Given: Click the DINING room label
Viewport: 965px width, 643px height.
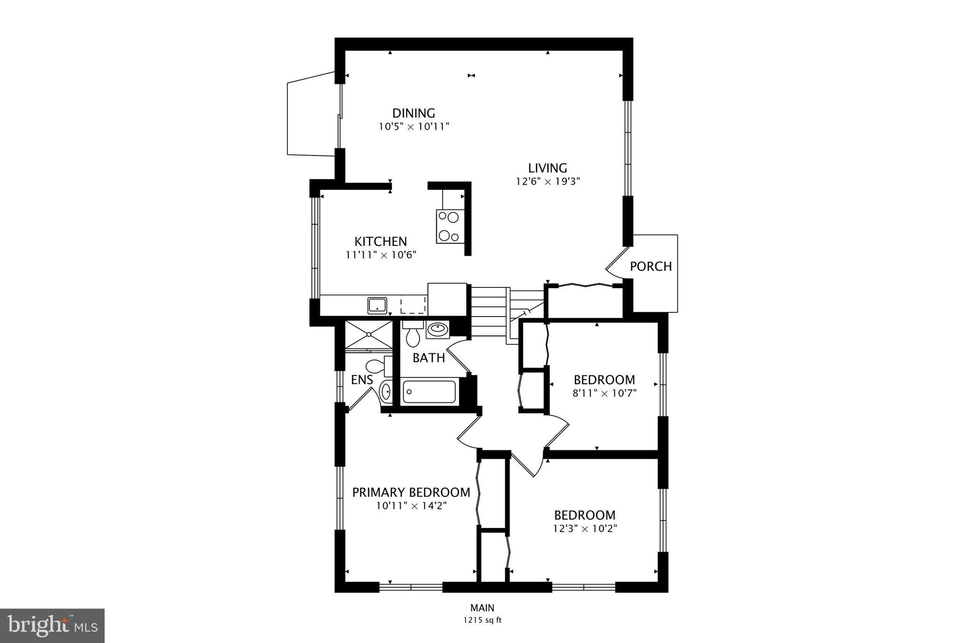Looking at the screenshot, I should click(413, 113).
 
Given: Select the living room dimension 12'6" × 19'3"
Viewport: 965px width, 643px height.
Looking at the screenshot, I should click(547, 182).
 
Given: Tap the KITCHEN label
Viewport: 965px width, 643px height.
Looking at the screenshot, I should click(380, 242).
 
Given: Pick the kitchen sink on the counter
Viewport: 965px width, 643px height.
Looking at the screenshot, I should click(377, 305).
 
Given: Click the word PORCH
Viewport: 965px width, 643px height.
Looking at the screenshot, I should click(650, 267).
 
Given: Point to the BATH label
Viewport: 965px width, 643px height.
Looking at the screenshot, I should click(428, 358).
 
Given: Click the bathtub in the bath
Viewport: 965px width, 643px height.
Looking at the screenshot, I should click(429, 391).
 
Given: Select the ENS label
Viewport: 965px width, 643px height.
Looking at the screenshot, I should click(362, 380).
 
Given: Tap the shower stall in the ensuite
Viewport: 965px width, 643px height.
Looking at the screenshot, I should click(368, 334).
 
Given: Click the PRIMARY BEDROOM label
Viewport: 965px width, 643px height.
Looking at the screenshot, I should click(411, 492).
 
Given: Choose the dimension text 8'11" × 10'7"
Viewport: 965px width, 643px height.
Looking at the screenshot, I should click(604, 393).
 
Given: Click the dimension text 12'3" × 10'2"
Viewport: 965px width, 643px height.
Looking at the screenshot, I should click(584, 529).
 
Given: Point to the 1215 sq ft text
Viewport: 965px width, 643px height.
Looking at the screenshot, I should click(482, 620).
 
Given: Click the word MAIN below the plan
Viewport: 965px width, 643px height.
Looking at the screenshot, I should click(482, 608).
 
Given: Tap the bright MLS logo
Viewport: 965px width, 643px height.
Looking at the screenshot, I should click(52, 626).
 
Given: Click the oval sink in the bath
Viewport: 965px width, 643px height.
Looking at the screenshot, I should click(438, 328).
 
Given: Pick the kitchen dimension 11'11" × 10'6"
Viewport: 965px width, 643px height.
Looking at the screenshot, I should click(380, 255).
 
